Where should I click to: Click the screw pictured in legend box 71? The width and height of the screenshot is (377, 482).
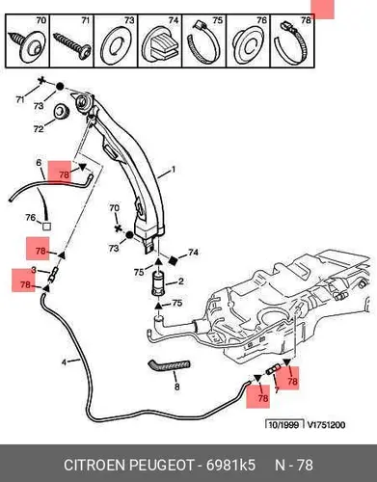(x=71, y=43)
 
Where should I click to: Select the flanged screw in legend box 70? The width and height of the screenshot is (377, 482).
(x=27, y=44)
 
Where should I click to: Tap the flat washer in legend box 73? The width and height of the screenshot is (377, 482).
(x=116, y=45)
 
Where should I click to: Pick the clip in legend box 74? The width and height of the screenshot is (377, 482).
(x=161, y=44)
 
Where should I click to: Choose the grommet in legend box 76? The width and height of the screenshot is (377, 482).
(x=248, y=44)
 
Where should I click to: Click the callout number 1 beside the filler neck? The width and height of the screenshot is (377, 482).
(x=174, y=169)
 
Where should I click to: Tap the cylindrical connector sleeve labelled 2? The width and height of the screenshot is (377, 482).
(x=158, y=283)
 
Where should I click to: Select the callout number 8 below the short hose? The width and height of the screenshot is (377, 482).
(x=176, y=387)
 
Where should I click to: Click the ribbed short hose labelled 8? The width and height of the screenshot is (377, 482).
(x=169, y=366)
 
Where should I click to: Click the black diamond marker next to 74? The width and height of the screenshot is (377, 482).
(x=174, y=259)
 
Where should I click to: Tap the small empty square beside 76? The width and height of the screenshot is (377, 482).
(x=46, y=227)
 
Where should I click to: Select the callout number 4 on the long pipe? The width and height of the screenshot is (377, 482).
(x=65, y=362)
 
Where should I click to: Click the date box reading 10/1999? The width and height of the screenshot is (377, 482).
(x=284, y=425)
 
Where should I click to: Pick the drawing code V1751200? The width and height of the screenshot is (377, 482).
(x=326, y=425)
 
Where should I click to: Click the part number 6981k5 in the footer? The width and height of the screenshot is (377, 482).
(x=230, y=465)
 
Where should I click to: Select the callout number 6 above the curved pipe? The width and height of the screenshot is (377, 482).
(x=39, y=163)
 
